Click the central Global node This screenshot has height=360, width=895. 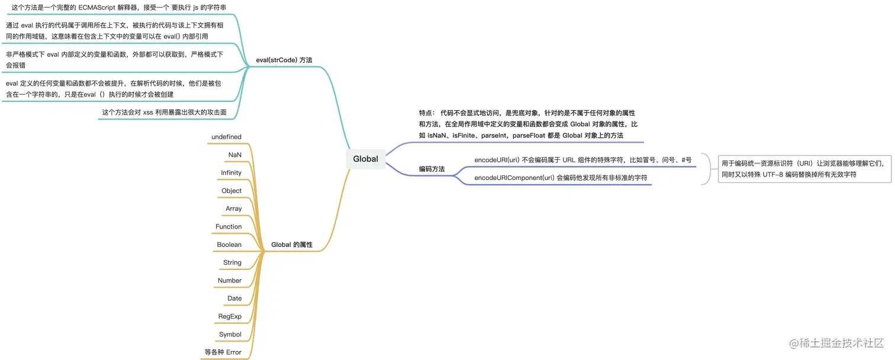tap(365, 159)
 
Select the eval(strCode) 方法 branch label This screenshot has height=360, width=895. tap(284, 60)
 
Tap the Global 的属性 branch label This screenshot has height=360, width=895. tap(292, 245)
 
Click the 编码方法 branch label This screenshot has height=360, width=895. tap(432, 169)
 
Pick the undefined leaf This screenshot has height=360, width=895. tap(226, 137)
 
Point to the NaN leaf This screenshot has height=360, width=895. tap(234, 155)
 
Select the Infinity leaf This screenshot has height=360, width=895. tap(231, 173)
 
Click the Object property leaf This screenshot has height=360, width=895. tap(231, 191)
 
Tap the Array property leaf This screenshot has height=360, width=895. tap(233, 208)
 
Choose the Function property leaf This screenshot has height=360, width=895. tap(228, 227)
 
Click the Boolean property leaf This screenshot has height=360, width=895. tap(229, 245)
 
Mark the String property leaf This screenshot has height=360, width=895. tap(232, 262)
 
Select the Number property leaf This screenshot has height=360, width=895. tap(230, 281)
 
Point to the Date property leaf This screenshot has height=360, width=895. tap(234, 298)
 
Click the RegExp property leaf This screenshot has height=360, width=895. tap(230, 316)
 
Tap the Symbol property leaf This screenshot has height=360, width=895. tap(230, 335)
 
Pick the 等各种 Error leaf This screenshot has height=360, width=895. tap(223, 352)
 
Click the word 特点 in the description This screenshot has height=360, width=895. tap(426, 112)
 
